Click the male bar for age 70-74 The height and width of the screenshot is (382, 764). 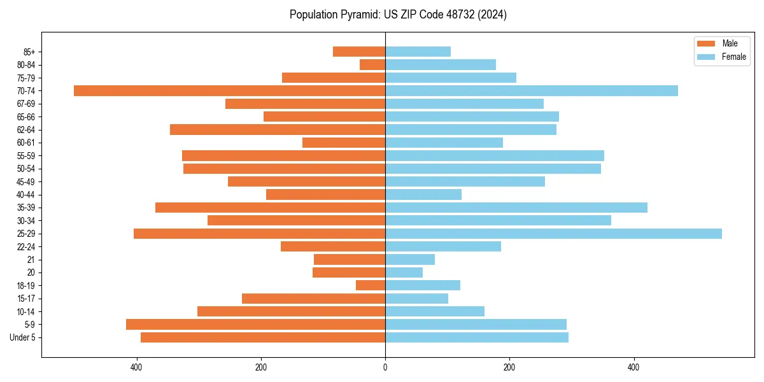click(229, 90)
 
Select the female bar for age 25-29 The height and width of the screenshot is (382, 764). click(553, 234)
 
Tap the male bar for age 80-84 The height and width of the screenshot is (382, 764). click(372, 64)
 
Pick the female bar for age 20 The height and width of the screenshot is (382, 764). click(404, 272)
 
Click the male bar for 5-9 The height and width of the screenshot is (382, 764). click(255, 325)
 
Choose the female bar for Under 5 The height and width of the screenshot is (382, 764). click(477, 337)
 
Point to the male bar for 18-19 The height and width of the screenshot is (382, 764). click(371, 285)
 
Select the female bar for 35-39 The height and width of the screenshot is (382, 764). click(516, 208)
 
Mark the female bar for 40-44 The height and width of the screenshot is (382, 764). click(423, 194)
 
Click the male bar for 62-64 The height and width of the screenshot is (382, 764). click(278, 129)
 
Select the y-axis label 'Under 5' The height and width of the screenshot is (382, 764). click(23, 337)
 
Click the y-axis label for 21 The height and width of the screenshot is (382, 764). click(32, 260)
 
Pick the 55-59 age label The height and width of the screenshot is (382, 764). click(26, 155)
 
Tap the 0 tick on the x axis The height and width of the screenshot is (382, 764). click(385, 367)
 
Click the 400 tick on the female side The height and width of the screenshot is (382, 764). click(633, 367)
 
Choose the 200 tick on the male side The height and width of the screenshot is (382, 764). click(261, 367)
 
